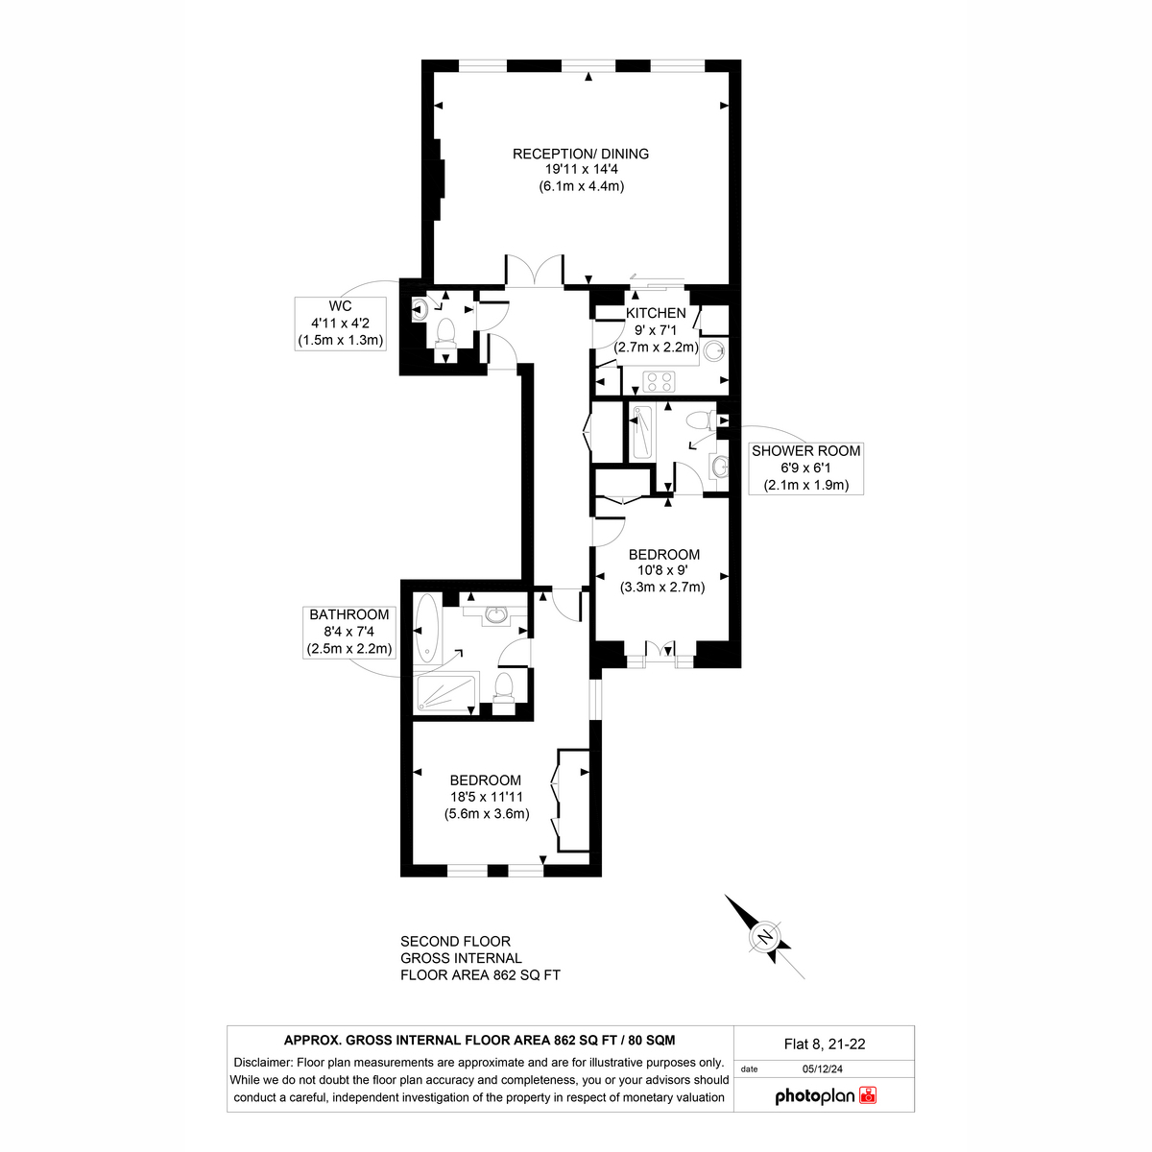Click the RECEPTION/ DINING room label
pyautogui.click(x=581, y=154)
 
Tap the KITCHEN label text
pyautogui.click(x=656, y=313)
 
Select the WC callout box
pyautogui.click(x=340, y=324)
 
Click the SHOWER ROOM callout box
pyautogui.click(x=805, y=468)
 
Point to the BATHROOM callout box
pyautogui.click(x=349, y=632)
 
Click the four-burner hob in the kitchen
pyautogui.click(x=659, y=381)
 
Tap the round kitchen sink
pyautogui.click(x=713, y=350)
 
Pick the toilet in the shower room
pyautogui.click(x=701, y=420)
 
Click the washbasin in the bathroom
pyautogui.click(x=496, y=614)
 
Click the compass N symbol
pyautogui.click(x=764, y=937)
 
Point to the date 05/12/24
pyautogui.click(x=823, y=1068)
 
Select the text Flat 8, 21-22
pyautogui.click(x=825, y=1044)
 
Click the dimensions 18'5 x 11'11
pyautogui.click(x=487, y=797)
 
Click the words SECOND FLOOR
pyautogui.click(x=456, y=942)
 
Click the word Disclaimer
pyautogui.click(x=262, y=1063)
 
